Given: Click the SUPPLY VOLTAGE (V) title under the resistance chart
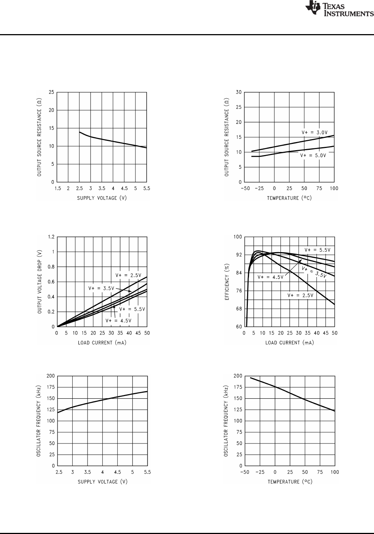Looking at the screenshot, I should [x=102, y=198].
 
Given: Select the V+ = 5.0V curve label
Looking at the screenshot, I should [x=313, y=155].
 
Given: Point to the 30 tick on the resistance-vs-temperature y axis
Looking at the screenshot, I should [x=239, y=92].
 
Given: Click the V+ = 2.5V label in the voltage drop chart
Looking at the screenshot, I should [x=128, y=275].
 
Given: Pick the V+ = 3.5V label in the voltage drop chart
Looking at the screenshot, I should [x=101, y=288].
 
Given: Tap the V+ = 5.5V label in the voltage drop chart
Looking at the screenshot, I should [x=132, y=309].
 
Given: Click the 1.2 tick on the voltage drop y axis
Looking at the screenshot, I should [x=51, y=237].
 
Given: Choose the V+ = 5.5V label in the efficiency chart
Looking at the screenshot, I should [x=317, y=250].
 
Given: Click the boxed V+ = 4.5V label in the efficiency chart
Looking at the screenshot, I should [x=270, y=277].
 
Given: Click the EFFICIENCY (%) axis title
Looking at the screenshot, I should [x=227, y=282].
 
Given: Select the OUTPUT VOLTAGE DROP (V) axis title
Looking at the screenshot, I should [x=40, y=282].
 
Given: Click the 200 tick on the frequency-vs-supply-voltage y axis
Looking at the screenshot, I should [x=50, y=376].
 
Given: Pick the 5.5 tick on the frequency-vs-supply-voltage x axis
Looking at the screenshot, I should [x=147, y=472].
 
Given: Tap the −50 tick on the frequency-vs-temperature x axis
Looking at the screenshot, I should [x=245, y=472].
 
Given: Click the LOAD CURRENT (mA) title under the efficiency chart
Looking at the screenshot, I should [x=289, y=343].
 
